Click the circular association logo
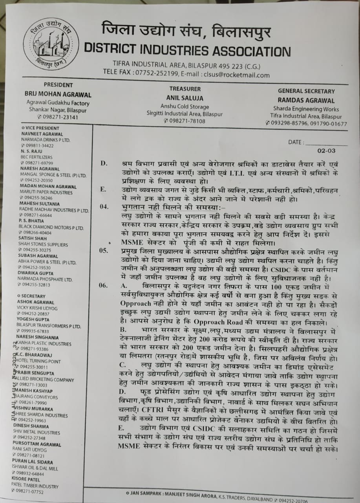51,44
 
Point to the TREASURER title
185,89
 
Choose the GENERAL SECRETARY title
306,91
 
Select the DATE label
296,142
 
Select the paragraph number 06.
104,285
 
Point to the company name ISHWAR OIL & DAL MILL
40,468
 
